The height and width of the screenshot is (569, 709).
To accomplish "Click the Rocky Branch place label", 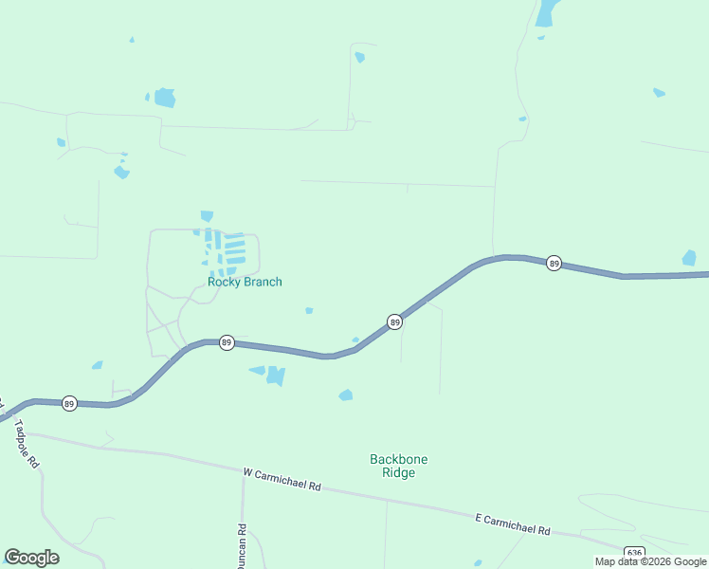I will click(x=245, y=282).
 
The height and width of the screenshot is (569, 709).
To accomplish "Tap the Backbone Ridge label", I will click(x=398, y=466).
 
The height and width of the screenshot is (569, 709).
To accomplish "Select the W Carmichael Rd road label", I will click(x=282, y=479).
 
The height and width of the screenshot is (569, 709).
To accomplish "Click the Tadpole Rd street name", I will click(x=26, y=445).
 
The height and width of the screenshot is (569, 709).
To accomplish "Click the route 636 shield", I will click(x=634, y=553).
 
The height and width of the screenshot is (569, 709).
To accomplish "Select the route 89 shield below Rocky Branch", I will click(x=227, y=342).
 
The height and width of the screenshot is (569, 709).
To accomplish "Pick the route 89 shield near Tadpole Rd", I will click(x=69, y=403).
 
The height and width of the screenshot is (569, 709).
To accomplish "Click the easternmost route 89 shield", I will click(x=554, y=263).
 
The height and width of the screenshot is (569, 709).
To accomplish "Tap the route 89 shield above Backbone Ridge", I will click(x=394, y=322).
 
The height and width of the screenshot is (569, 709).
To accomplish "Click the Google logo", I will click(x=31, y=558).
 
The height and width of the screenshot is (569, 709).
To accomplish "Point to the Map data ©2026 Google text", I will click(x=650, y=561).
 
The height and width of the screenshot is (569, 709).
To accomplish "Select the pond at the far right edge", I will click(x=689, y=258).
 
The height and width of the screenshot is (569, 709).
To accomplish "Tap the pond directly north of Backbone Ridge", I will click(x=346, y=395).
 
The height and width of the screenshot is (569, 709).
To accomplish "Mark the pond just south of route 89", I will click(x=275, y=376).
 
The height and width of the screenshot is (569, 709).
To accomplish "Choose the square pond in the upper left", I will click(x=165, y=97).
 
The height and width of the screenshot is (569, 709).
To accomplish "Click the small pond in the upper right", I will click(x=659, y=93).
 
